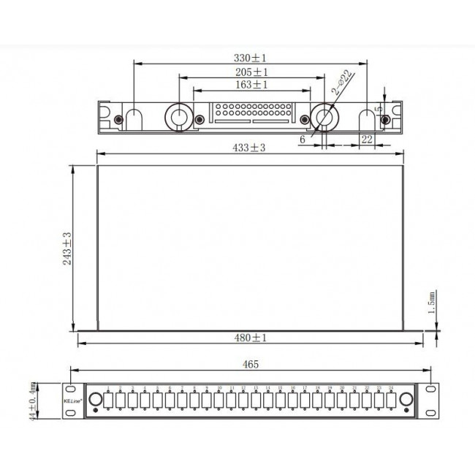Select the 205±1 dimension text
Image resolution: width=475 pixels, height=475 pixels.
[x=251, y=72]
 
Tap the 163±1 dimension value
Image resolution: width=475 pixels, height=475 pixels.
[x=251, y=85]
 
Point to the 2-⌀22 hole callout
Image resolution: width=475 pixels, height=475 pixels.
[x=342, y=83]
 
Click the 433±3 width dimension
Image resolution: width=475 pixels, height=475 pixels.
[x=249, y=147]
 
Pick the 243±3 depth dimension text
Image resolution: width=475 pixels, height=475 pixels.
[x=67, y=248]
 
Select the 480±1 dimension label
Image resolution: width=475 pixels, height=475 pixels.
[x=251, y=338]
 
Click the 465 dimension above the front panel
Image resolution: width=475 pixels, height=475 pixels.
[x=249, y=363]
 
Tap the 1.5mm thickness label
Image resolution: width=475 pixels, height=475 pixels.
[x=432, y=300]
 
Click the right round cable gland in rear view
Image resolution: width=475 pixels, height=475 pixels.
[x=323, y=116]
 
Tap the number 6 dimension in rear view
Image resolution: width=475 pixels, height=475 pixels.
[x=302, y=138]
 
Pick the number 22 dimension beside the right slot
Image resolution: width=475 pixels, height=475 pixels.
[x=367, y=138]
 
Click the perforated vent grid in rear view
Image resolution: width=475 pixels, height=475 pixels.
[x=251, y=114]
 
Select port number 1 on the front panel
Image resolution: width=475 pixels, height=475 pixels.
[x=108, y=400]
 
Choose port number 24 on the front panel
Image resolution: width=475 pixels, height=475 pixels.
[x=392, y=400]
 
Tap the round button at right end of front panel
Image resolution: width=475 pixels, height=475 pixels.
[x=406, y=400]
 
